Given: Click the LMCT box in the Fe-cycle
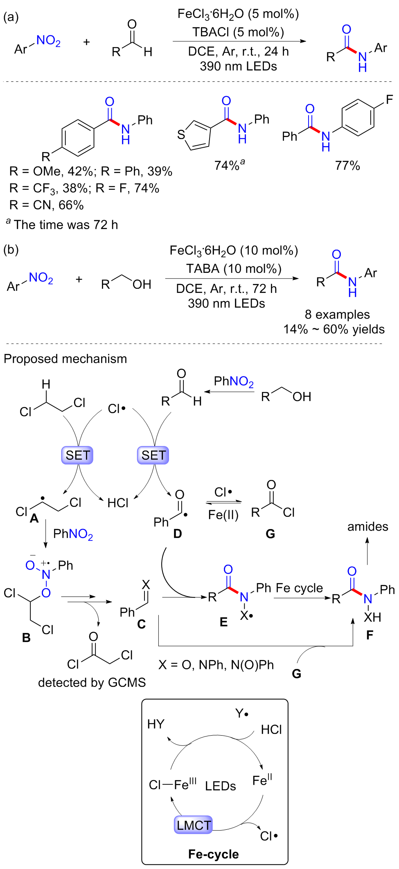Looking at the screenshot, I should [194, 824].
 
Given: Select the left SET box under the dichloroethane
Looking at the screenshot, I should [77, 455].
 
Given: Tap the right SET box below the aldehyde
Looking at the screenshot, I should [153, 455].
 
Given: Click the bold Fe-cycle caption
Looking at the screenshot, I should [213, 854].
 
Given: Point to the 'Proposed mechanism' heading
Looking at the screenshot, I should [65, 359].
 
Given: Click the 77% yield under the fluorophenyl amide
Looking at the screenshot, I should [347, 166].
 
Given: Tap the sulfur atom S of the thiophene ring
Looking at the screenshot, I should [180, 135].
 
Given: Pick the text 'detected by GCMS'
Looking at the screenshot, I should [92, 682].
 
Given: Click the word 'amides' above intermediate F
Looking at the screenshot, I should [367, 527].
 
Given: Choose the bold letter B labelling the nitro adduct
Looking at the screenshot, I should [26, 638].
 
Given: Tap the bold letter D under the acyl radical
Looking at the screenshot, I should [178, 534].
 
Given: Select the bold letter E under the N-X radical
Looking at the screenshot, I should [223, 622].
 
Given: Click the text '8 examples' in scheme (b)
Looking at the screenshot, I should [337, 314].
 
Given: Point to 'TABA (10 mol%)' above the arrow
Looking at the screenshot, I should [234, 269].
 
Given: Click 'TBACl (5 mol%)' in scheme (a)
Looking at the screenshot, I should [238, 32].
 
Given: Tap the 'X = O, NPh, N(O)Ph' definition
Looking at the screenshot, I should [216, 665].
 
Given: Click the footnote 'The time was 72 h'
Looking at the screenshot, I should [65, 225].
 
